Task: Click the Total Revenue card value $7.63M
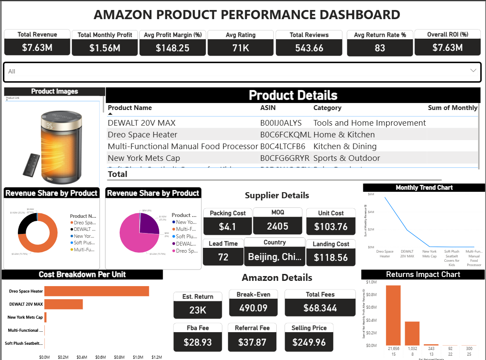click(x=37, y=47)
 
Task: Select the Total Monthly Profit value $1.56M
click(x=105, y=48)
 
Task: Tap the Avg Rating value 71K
click(x=241, y=48)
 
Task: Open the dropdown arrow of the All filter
click(x=473, y=70)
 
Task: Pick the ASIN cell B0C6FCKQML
click(x=285, y=135)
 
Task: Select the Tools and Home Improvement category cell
click(x=369, y=123)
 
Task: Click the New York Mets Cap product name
click(x=144, y=158)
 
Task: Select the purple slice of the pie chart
click(x=148, y=223)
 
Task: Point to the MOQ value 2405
click(x=278, y=226)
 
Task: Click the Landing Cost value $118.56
click(x=331, y=257)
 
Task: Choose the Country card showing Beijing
click(x=275, y=257)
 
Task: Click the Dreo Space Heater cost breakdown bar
click(x=97, y=291)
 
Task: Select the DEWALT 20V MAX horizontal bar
click(x=64, y=304)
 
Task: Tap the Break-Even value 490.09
click(x=253, y=308)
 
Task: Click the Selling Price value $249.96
click(x=309, y=342)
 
